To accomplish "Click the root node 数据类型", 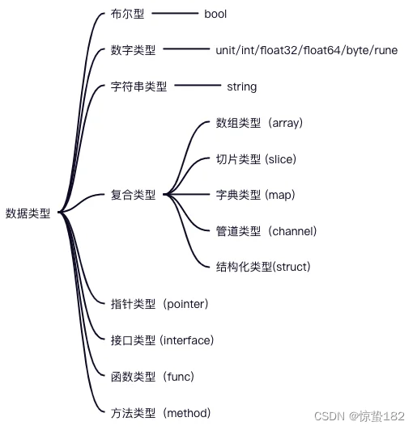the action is [x=28, y=213].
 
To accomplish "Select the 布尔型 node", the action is [x=127, y=14].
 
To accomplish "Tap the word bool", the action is [x=215, y=14].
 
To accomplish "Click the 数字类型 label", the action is [x=133, y=50].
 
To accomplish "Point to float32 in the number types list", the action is [x=279, y=50].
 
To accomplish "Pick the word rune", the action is [x=386, y=50].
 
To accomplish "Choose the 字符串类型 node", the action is [x=138, y=86].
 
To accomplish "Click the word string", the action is [x=242, y=87].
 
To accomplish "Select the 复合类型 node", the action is [x=133, y=195].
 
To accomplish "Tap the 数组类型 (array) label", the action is [x=259, y=123].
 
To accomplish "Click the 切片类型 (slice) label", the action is [x=256, y=159].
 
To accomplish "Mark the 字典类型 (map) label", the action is [x=256, y=195].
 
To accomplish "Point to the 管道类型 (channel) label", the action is [x=266, y=231].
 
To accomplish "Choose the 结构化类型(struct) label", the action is [x=263, y=267].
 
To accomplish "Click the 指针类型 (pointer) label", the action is [x=160, y=304].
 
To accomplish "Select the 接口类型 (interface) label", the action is [x=162, y=340].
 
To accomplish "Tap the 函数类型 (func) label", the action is [x=152, y=377].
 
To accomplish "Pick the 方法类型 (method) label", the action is [x=160, y=413].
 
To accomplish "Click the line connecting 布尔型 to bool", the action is [x=175, y=13].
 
